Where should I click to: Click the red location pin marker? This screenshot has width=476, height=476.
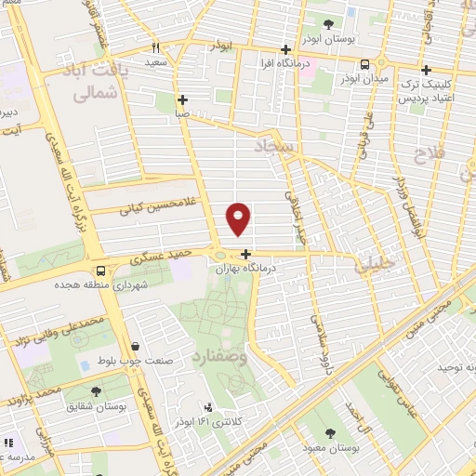click(239, 218)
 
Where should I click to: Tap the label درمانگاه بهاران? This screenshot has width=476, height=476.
click(248, 267)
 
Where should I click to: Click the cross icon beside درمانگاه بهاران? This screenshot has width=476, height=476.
click(245, 254)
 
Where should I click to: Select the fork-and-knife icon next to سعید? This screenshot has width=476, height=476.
click(156, 47)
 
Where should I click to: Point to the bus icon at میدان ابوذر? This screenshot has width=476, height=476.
click(364, 64)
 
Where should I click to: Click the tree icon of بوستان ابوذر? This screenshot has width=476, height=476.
click(327, 24)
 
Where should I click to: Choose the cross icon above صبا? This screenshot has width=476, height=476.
click(182, 99)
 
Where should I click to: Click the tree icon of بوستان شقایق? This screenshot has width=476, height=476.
click(96, 391)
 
